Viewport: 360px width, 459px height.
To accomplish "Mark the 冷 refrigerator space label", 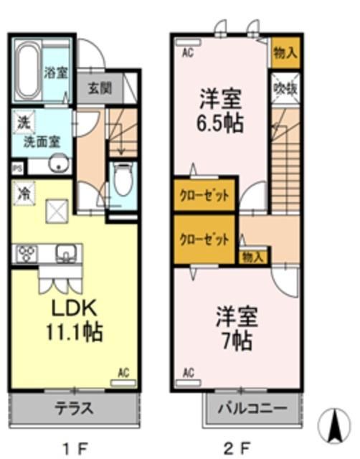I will pos(23,192).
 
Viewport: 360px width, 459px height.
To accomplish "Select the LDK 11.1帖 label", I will pos(74,321).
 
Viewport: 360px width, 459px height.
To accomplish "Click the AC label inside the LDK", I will pos(123,373).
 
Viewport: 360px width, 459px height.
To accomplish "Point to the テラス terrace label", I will pos(74,410).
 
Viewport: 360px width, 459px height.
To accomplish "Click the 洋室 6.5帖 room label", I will pos(220,109).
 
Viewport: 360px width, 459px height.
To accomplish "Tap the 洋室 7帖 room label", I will pos(235,328).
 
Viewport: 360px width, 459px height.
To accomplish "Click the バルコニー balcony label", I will pos(249,409).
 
